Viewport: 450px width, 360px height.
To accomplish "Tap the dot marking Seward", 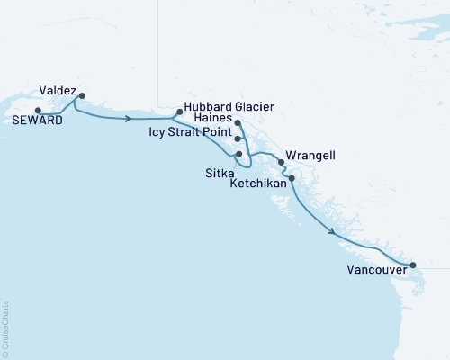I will pyautogui.click(x=38, y=111).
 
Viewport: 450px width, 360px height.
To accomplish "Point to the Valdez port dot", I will pyautogui.click(x=82, y=95).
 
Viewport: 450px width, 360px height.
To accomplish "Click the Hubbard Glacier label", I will pyautogui.click(x=229, y=105).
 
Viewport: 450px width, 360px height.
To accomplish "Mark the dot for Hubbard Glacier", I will pyautogui.click(x=180, y=112).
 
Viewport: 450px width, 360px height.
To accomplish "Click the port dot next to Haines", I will pyautogui.click(x=238, y=122).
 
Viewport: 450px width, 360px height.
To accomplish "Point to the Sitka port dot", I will pyautogui.click(x=238, y=154).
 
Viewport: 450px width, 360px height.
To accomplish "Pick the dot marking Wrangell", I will pyautogui.click(x=282, y=163).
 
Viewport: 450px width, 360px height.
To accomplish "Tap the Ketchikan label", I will pyautogui.click(x=258, y=182).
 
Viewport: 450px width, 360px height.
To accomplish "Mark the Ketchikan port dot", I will pyautogui.click(x=291, y=178).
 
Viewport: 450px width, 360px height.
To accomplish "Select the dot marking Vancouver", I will pyautogui.click(x=413, y=265).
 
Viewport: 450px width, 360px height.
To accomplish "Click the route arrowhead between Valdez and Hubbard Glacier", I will pyautogui.click(x=131, y=118).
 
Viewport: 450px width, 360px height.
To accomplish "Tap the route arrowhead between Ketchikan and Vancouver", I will pyautogui.click(x=334, y=233).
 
